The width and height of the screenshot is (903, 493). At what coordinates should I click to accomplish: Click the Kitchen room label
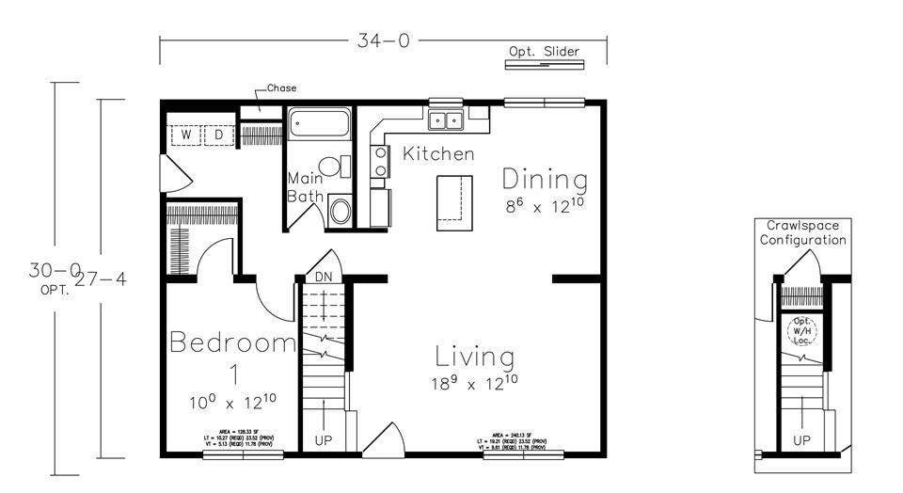click(438, 153)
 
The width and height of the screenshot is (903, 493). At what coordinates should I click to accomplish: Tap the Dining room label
click(545, 179)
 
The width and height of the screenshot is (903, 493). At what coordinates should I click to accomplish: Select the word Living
click(475, 358)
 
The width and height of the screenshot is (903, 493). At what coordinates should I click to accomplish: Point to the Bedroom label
click(233, 342)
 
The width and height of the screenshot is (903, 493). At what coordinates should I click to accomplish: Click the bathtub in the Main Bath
click(319, 123)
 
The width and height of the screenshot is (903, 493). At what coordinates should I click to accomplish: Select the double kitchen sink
click(447, 119)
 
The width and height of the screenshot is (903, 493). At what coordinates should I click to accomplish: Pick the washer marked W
click(186, 135)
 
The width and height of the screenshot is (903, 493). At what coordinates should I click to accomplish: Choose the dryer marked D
click(218, 135)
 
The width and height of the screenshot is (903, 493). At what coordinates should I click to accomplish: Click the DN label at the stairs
click(323, 277)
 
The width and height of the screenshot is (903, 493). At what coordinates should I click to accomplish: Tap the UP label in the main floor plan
click(323, 440)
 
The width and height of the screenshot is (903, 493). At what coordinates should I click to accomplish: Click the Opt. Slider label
click(545, 52)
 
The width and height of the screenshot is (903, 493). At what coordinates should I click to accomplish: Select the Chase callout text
click(281, 88)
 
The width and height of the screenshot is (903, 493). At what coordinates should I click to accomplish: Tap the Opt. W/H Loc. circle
click(802, 331)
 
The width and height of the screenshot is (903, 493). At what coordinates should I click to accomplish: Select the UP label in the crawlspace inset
click(802, 440)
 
